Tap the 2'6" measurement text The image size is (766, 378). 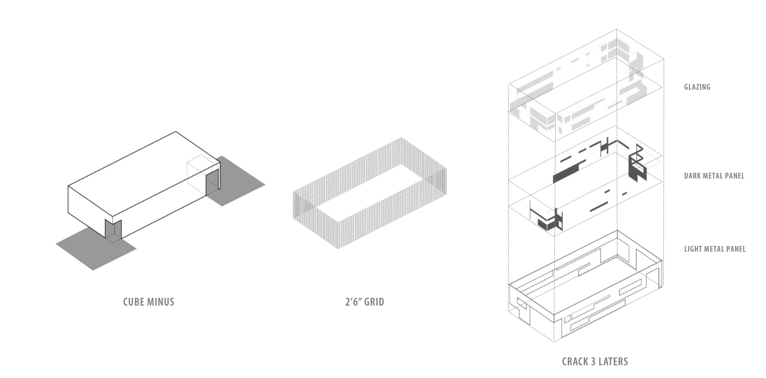click(x=353, y=302)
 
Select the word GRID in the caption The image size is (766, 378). click(x=374, y=302)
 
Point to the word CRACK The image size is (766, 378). click(x=575, y=362)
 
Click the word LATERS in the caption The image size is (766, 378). click(x=613, y=362)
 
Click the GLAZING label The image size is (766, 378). click(x=697, y=87)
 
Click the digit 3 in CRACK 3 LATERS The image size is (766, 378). click(x=593, y=362)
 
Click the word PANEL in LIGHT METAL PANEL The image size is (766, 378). click(x=736, y=249)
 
